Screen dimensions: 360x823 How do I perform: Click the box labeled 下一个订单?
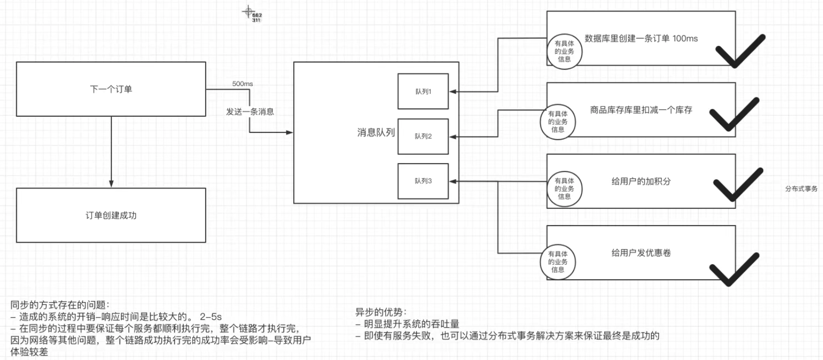coord(111,89)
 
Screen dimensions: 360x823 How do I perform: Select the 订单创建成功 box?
coord(111,215)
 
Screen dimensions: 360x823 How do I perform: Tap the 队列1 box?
coord(423,92)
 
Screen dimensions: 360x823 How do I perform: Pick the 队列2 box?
coord(423,136)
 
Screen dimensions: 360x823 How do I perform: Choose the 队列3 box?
coord(423,181)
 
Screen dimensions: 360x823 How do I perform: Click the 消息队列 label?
coord(376,133)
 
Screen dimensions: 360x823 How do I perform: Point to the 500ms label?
coord(242,84)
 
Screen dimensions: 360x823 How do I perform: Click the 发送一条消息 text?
coord(250,111)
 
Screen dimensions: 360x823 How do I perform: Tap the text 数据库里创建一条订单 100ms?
coord(641,39)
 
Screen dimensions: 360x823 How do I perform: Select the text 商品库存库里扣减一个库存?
coord(641,110)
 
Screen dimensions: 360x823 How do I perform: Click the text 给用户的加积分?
coord(641,181)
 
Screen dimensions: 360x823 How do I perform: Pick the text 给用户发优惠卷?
coord(641,253)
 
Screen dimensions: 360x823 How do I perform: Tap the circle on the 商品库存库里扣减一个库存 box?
coord(558,122)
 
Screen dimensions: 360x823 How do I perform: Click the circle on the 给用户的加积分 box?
coord(564,189)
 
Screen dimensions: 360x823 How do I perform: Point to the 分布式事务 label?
coord(801,189)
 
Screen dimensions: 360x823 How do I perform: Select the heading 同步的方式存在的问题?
coord(60,305)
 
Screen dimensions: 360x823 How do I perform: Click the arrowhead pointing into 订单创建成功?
coord(111,184)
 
